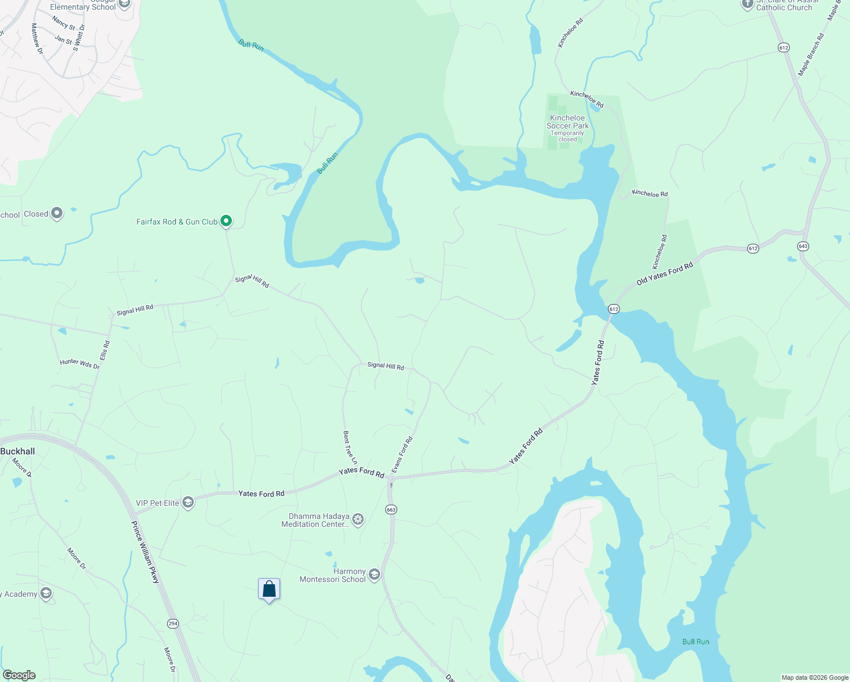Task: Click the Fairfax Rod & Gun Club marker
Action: pos(226,221)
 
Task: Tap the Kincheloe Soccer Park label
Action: pos(568,122)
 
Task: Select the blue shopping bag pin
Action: pos(269,589)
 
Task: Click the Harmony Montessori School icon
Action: pos(374,575)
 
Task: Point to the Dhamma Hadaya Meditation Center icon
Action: pos(358,519)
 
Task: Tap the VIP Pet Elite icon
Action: pos(188,502)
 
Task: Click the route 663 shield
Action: pos(391,509)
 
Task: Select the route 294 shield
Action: pos(173,623)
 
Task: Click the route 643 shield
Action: pos(803,246)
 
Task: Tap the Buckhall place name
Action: pos(18,451)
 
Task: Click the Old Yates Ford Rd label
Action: pos(665,274)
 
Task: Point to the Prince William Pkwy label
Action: pos(145,552)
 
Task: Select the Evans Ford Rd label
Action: pos(402,455)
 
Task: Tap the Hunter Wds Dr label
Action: pos(80,364)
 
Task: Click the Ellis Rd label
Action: pos(105,350)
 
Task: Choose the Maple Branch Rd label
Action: pos(811,55)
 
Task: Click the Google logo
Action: pos(19,675)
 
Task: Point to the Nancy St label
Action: pos(64,23)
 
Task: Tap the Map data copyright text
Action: pos(815,677)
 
